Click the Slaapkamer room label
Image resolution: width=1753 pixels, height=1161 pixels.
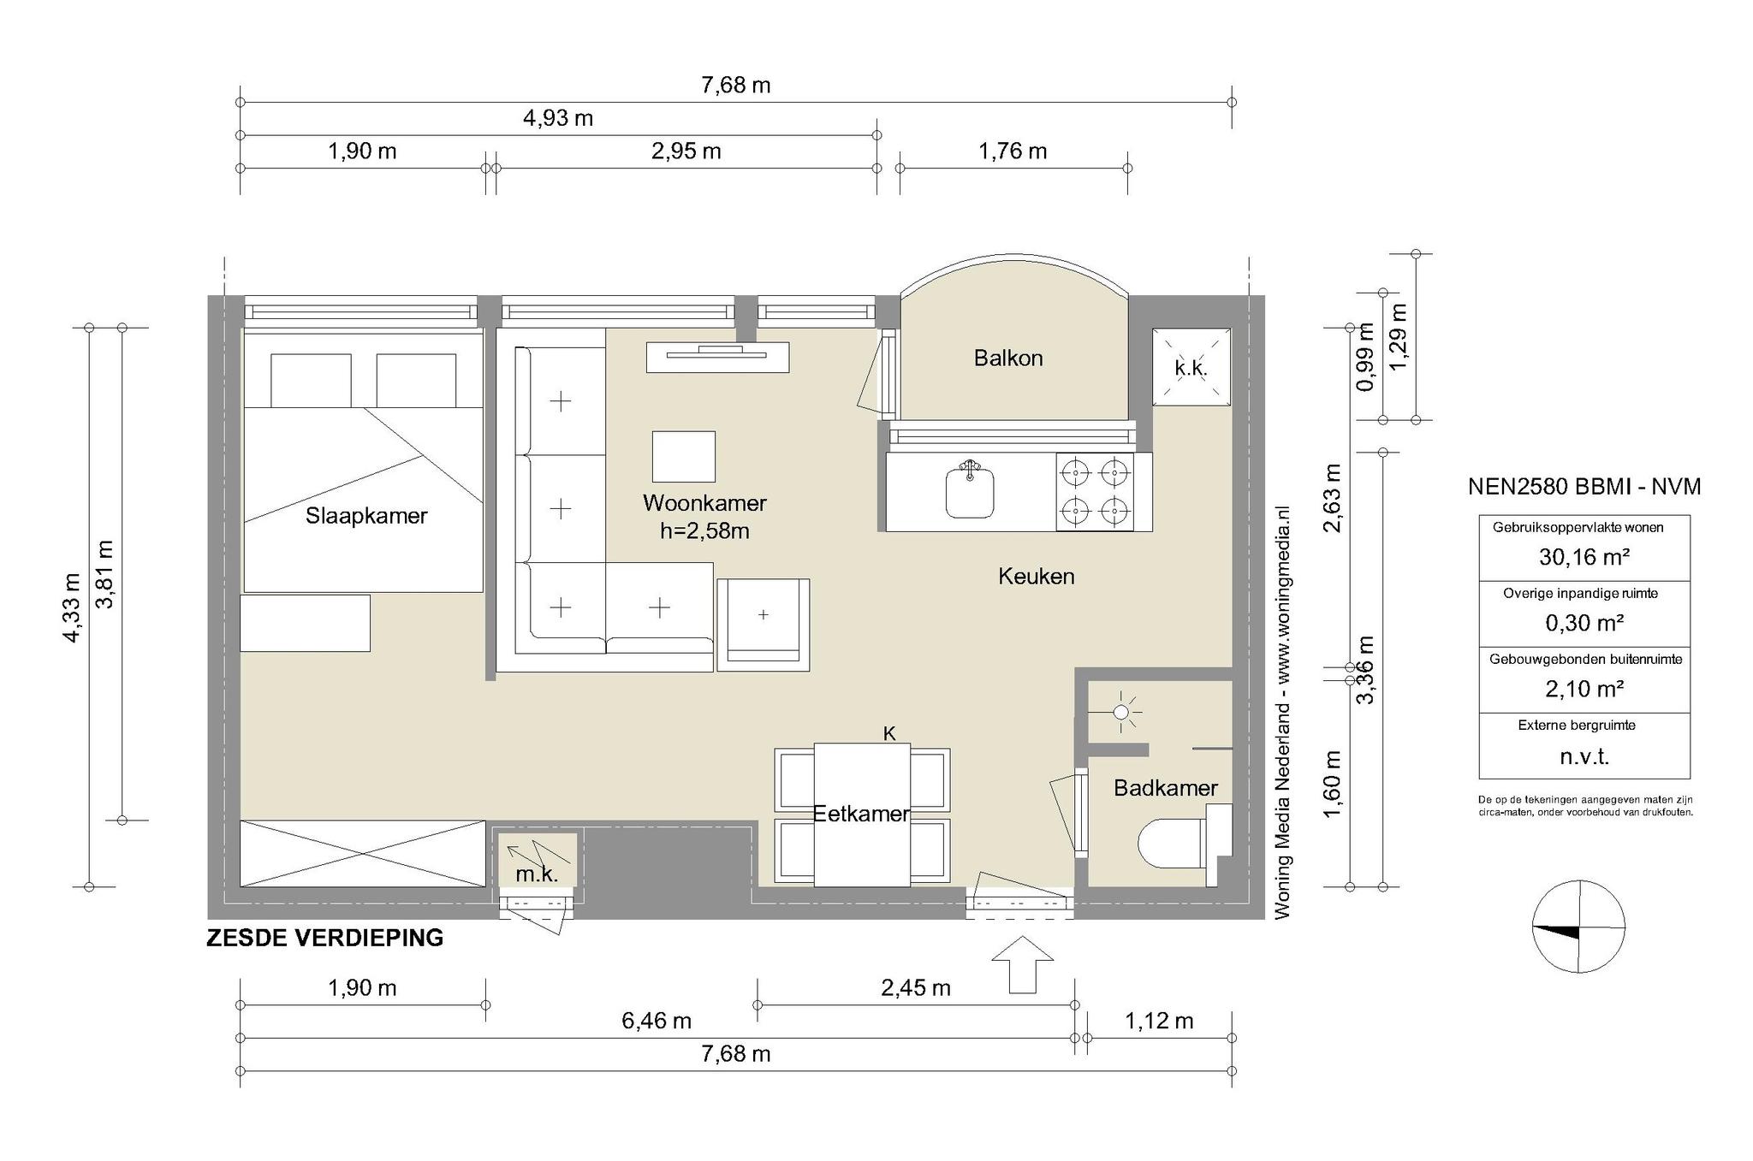pyautogui.click(x=366, y=516)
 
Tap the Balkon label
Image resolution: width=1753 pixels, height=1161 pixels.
pyautogui.click(x=1008, y=358)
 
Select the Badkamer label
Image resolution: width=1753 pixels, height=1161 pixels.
pyautogui.click(x=1165, y=788)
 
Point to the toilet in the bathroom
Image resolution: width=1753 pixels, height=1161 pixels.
pyautogui.click(x=1184, y=844)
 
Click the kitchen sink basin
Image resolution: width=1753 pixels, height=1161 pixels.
pyautogui.click(x=970, y=491)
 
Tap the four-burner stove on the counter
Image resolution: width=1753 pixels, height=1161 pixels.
pyautogui.click(x=1095, y=492)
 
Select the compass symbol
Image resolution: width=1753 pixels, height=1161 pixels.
pyautogui.click(x=1578, y=927)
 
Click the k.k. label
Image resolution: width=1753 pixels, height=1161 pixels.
pyautogui.click(x=1191, y=369)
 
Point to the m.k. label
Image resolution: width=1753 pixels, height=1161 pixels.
pyautogui.click(x=537, y=874)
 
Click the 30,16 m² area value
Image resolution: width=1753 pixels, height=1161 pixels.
pyautogui.click(x=1584, y=557)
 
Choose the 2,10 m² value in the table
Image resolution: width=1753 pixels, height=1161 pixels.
pyautogui.click(x=1584, y=689)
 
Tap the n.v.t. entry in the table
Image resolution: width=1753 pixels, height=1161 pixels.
pyautogui.click(x=1584, y=756)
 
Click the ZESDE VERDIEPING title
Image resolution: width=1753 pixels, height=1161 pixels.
pyautogui.click(x=325, y=938)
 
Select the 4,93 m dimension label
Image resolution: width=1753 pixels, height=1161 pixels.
pyautogui.click(x=558, y=118)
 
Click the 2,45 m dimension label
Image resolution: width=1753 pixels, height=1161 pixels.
pyautogui.click(x=916, y=988)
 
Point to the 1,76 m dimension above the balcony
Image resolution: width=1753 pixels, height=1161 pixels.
pyautogui.click(x=1013, y=151)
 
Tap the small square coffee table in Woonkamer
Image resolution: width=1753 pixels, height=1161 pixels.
pyautogui.click(x=683, y=457)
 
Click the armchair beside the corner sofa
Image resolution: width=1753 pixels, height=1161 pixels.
pyautogui.click(x=763, y=625)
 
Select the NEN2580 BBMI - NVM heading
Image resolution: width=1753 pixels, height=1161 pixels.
pyautogui.click(x=1584, y=487)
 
